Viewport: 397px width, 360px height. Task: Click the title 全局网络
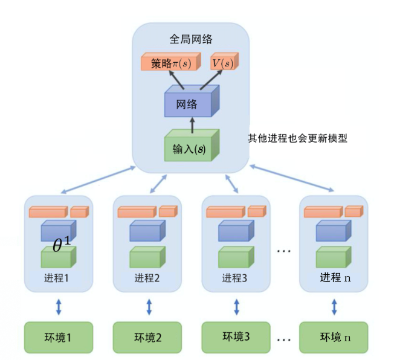point(191,40)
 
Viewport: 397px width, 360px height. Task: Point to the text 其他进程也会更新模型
point(297,138)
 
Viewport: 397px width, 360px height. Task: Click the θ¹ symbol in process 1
point(61,245)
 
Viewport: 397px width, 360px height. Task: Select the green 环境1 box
point(58,337)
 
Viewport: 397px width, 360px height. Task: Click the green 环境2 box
point(147,337)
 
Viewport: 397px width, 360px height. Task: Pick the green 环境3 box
point(236,336)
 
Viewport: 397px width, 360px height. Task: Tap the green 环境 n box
point(335,336)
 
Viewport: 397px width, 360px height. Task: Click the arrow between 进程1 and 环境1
point(59,307)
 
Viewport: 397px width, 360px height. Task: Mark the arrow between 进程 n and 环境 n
point(334,307)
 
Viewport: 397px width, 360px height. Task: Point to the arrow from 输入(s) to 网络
point(192,125)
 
